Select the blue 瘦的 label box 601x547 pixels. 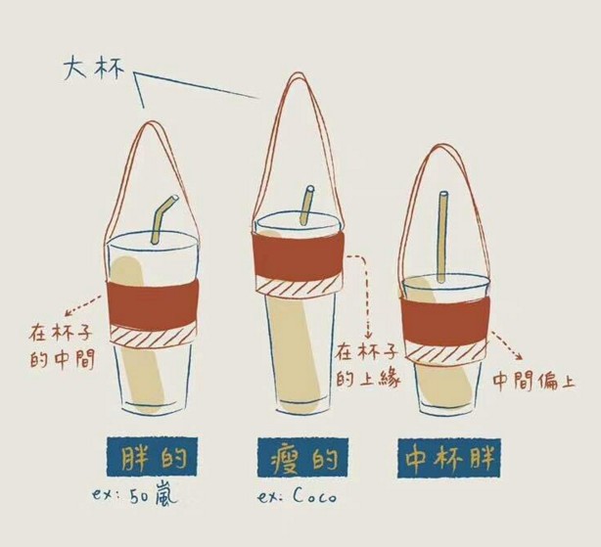click(299, 457)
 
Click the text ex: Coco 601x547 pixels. click(297, 497)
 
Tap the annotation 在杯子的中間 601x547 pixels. click(62, 344)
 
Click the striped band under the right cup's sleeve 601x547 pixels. click(446, 352)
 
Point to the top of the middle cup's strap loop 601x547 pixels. click(294, 76)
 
